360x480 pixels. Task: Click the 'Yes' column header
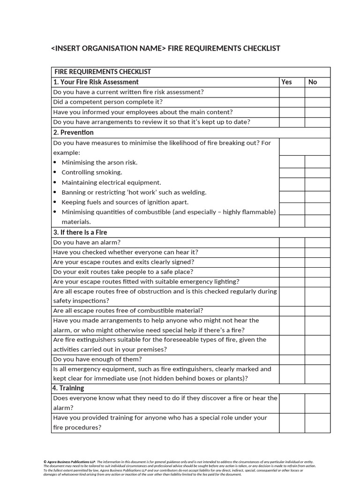[x=286, y=82]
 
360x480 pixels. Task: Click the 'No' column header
[x=313, y=82]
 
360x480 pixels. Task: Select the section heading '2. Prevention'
[x=73, y=133]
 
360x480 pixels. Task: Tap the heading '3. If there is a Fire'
[x=80, y=232]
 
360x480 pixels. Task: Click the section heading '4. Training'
[x=68, y=388]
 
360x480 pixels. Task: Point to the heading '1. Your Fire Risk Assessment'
[x=96, y=82]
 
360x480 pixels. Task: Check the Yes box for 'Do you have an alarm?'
[x=292, y=242]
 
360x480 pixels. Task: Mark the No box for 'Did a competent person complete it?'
[x=317, y=102]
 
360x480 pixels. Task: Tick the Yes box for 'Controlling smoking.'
[x=292, y=172]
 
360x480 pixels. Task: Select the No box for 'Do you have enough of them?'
[x=317, y=360]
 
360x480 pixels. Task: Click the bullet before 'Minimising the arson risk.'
[x=55, y=163]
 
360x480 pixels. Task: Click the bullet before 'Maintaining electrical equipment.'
[x=55, y=183]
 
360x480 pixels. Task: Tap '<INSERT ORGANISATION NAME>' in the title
[x=108, y=49]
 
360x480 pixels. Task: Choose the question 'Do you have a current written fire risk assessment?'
[x=128, y=92]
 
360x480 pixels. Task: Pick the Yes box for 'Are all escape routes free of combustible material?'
[x=292, y=311]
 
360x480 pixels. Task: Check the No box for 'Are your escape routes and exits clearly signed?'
[x=317, y=262]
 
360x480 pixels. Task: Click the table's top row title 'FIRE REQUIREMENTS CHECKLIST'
[x=103, y=72]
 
